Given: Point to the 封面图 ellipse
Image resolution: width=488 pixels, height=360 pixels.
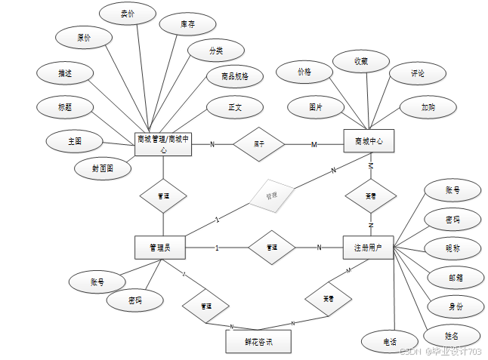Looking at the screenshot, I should (x=103, y=168).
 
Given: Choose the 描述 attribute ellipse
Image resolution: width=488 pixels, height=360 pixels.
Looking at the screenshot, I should (x=65, y=73).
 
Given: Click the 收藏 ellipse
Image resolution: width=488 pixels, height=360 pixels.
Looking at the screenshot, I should (x=360, y=60).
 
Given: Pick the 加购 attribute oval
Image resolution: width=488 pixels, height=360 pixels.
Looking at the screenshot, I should (x=428, y=107).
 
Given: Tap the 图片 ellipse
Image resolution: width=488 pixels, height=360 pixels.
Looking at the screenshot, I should (x=315, y=108).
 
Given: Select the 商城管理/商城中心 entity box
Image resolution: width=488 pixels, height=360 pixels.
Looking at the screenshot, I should (x=163, y=143).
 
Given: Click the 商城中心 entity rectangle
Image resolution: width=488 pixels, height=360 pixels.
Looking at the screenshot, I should (x=369, y=141).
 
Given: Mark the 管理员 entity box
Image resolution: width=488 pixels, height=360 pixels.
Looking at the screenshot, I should (x=159, y=247).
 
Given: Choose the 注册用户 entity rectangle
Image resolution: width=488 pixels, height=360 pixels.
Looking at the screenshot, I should (x=368, y=247).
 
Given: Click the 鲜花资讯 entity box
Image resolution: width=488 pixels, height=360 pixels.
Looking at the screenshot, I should (x=258, y=342).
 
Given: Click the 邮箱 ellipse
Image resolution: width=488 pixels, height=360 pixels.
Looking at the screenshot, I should (x=455, y=277).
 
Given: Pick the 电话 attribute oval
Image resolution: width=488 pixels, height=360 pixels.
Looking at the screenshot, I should (x=390, y=342).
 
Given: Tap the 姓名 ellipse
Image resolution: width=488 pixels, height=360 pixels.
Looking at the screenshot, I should (x=452, y=335).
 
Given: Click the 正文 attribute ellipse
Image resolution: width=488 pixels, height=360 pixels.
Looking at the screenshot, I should (x=235, y=107).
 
